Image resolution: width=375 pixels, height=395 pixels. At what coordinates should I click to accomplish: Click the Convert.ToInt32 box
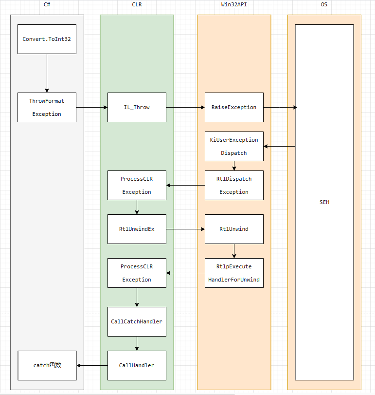click(47, 39)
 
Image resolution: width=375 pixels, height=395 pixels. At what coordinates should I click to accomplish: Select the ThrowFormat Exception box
click(47, 107)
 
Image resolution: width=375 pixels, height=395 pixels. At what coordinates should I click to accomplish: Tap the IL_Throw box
click(137, 107)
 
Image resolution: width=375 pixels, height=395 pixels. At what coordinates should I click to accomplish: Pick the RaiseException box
click(234, 107)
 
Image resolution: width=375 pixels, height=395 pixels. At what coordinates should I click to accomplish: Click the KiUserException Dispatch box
click(234, 146)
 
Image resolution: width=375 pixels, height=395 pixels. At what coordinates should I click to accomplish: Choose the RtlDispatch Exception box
click(234, 185)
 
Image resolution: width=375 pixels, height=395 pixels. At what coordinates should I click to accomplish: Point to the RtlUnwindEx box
click(137, 229)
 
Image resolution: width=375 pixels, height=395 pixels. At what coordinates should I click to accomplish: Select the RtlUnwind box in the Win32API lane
click(234, 229)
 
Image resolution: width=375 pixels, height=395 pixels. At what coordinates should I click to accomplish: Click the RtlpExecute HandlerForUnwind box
click(234, 273)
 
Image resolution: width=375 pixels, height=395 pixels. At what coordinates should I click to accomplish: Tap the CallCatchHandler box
click(137, 321)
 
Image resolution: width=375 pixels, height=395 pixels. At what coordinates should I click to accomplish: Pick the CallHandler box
click(137, 365)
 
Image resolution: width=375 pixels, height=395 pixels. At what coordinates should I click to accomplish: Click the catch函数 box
click(47, 365)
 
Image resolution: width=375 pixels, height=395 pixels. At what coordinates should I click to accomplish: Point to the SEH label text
click(324, 202)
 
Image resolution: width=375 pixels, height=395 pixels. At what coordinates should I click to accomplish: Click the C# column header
click(47, 4)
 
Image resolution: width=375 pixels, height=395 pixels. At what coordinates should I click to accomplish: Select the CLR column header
click(137, 4)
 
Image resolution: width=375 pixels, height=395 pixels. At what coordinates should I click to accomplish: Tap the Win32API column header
click(234, 4)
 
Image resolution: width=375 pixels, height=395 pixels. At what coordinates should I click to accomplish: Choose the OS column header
click(324, 4)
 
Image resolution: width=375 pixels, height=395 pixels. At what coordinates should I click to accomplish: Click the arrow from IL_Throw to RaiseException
click(185, 107)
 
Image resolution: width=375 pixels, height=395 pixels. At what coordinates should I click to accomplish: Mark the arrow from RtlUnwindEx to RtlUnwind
click(185, 229)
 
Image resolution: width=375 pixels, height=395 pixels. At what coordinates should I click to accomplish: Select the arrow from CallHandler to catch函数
click(92, 365)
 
